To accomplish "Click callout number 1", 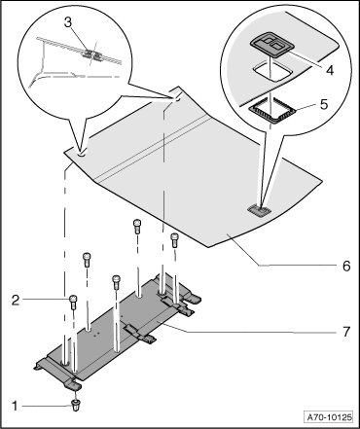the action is [16, 406].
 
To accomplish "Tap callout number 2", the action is [16, 300].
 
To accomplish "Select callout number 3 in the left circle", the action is [68, 23].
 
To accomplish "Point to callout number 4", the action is [330, 70].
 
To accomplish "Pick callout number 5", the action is [324, 104].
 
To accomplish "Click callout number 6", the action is [346, 266].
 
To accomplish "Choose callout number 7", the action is [346, 332].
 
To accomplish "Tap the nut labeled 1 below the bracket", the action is [75, 405].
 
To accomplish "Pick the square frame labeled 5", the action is [272, 114].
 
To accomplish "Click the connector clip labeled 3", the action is [90, 54].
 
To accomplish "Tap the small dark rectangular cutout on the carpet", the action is [259, 209].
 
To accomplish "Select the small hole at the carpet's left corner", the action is [82, 152].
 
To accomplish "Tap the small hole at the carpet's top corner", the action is [176, 98].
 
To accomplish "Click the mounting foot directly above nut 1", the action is [74, 385].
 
